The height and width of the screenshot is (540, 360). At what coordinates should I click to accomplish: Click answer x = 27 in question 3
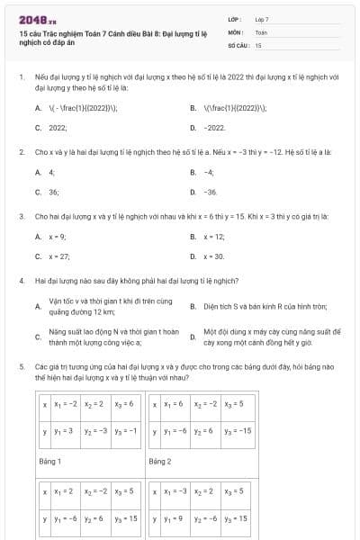pos(59,256)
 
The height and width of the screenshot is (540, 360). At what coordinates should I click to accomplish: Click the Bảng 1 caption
pos(50,461)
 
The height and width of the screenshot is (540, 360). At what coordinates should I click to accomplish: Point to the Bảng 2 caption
pos(160,461)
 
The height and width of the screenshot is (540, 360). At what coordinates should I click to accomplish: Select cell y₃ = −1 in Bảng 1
pos(127,431)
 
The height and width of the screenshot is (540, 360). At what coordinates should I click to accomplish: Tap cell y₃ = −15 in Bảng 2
pos(238,431)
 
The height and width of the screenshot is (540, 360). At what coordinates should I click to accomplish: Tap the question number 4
pos(21,281)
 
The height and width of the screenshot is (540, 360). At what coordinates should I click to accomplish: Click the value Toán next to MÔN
pos(261,31)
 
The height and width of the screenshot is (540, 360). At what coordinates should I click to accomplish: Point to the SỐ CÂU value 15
pos(258,43)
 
